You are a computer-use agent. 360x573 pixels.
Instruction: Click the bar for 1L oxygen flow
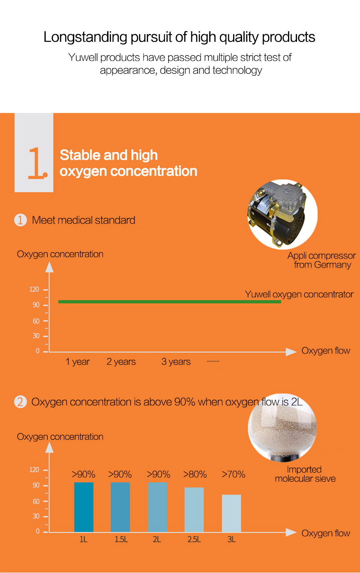click(x=84, y=507)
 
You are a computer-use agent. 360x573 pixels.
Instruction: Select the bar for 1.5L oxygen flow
click(x=120, y=507)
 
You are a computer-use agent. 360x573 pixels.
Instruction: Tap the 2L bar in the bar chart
click(x=157, y=507)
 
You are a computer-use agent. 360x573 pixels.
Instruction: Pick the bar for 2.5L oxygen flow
click(x=194, y=510)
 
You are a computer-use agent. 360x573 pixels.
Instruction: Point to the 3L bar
click(x=231, y=513)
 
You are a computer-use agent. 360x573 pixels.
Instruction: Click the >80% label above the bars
click(x=195, y=474)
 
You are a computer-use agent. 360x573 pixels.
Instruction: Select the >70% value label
click(x=234, y=474)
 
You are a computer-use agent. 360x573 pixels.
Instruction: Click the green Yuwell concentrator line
click(x=170, y=302)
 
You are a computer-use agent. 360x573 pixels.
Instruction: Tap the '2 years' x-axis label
click(x=121, y=362)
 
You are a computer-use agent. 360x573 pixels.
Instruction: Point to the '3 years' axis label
click(x=176, y=362)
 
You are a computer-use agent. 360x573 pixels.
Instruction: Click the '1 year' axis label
click(x=77, y=362)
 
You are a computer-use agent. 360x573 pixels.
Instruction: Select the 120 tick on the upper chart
click(x=34, y=289)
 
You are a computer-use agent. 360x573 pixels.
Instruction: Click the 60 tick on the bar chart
click(x=36, y=501)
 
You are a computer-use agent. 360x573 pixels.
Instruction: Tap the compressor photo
click(x=283, y=215)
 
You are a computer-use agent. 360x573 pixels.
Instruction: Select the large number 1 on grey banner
click(x=37, y=163)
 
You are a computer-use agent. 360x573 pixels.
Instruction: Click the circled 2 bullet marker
click(x=20, y=402)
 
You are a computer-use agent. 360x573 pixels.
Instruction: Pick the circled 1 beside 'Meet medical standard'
click(x=20, y=220)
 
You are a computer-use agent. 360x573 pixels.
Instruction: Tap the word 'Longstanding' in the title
click(x=85, y=37)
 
